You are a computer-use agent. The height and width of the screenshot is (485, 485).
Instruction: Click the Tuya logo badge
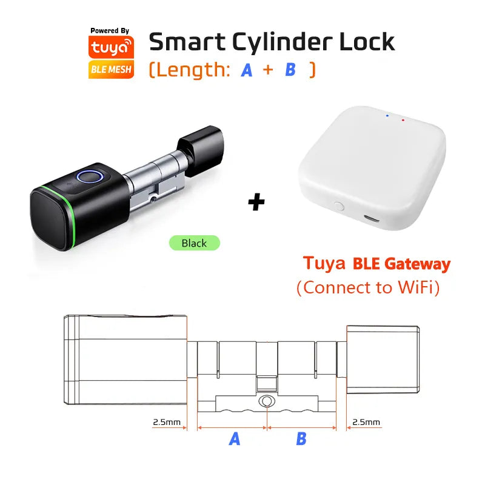[111, 47]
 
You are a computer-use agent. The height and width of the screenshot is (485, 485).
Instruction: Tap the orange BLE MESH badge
[111, 69]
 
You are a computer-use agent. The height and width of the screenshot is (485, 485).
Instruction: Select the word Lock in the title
[367, 41]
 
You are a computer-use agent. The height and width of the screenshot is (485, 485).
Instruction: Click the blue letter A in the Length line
[247, 70]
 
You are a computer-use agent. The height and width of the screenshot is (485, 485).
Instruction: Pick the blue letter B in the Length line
[290, 70]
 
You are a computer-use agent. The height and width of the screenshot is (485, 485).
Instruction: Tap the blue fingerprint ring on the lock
[90, 177]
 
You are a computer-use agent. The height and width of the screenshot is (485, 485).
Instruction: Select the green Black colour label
[194, 243]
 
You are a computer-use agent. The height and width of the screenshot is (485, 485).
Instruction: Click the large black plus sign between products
[256, 202]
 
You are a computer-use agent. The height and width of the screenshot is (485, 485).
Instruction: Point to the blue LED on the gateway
[387, 116]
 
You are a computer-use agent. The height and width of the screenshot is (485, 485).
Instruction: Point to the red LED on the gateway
[403, 120]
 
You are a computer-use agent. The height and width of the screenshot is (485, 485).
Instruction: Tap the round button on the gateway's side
[339, 206]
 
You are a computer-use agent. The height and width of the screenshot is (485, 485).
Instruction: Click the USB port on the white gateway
[371, 218]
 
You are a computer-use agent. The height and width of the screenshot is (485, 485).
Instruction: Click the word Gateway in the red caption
[417, 264]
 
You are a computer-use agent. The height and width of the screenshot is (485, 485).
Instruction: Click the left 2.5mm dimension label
[167, 422]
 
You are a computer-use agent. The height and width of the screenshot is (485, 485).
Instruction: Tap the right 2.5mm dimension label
[366, 422]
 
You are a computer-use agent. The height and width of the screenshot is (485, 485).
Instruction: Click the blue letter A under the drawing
[235, 438]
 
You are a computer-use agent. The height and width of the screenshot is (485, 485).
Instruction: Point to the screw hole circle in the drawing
[266, 401]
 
